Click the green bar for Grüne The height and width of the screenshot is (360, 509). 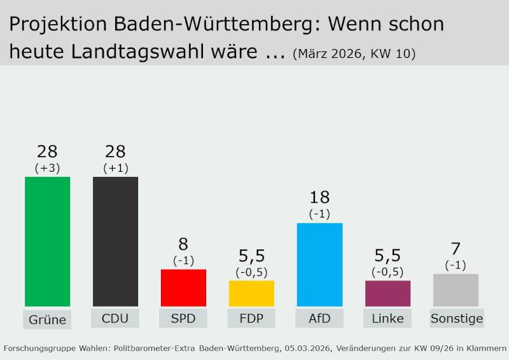(x=47, y=242)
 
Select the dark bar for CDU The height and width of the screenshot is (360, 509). (x=115, y=242)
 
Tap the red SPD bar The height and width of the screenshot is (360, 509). (x=183, y=287)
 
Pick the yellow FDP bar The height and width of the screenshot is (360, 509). (x=251, y=293)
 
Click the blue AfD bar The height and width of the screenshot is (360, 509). (x=319, y=265)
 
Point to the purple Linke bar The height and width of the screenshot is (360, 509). (x=387, y=293)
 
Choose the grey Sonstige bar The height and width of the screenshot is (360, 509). (x=456, y=290)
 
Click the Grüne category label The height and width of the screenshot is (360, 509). (x=47, y=319)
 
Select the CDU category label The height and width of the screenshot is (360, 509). (x=115, y=318)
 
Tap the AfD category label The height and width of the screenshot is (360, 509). (x=319, y=318)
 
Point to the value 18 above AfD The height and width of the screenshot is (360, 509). (x=319, y=198)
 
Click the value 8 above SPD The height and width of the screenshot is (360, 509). (x=183, y=244)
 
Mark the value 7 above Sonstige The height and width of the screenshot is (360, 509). (x=456, y=249)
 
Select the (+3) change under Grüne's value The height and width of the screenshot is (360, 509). (x=47, y=168)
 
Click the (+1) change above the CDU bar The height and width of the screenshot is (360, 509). (x=115, y=168)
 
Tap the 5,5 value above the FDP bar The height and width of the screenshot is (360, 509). (x=251, y=256)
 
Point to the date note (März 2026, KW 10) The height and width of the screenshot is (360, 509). (x=354, y=54)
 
